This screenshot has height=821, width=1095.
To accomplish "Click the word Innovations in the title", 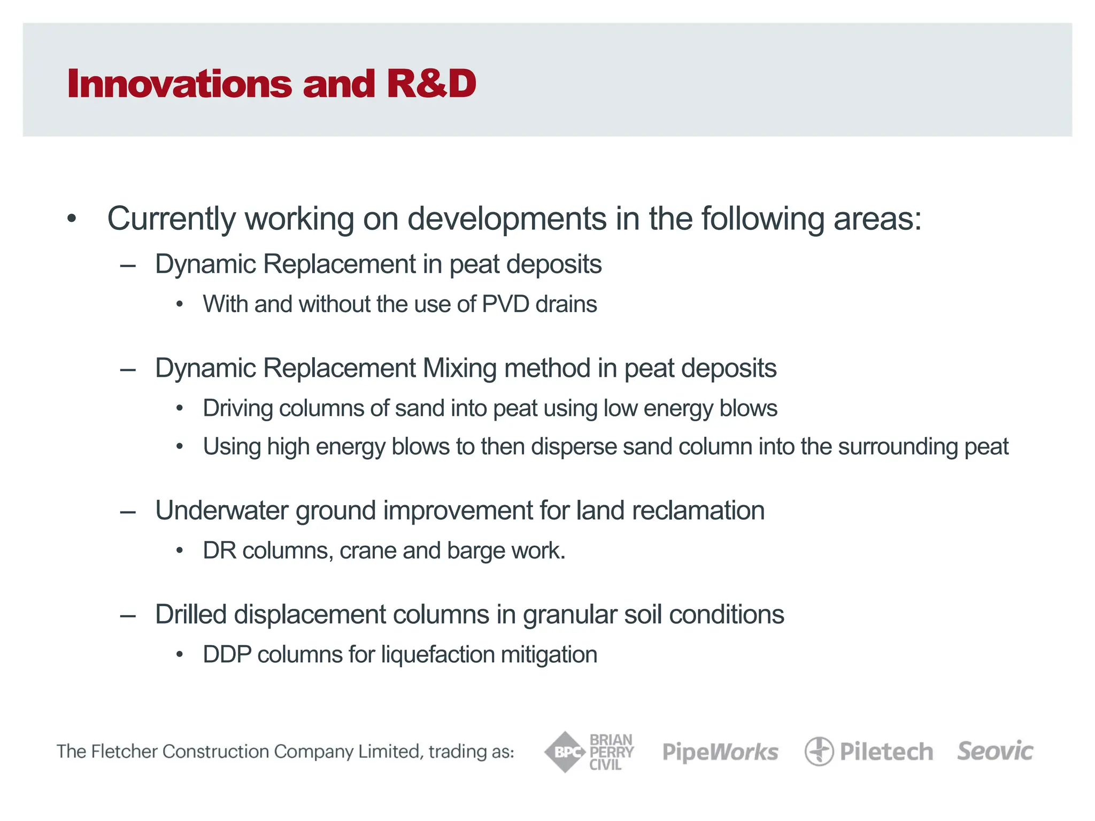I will (179, 84).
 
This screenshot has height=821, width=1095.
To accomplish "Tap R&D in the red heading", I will (431, 84).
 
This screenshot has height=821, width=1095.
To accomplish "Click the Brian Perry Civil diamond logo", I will (565, 752).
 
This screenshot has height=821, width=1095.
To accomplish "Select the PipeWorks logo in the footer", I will (720, 752).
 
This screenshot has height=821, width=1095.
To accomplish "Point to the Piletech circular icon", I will (819, 752).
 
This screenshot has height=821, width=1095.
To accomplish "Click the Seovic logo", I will (995, 751).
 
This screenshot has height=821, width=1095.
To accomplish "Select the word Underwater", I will (221, 510).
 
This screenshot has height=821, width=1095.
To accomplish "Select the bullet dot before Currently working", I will (72, 219).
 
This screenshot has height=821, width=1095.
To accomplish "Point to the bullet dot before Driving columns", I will (180, 409).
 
